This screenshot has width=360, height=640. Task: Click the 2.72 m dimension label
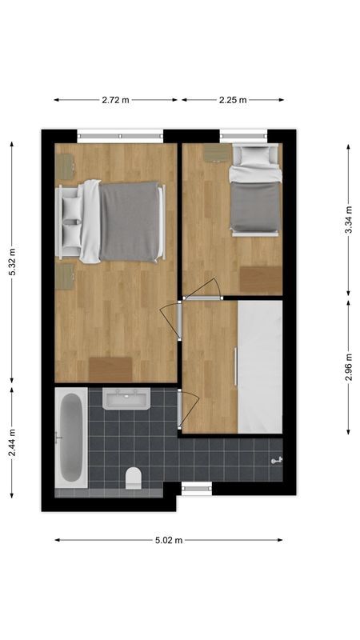pyautogui.click(x=115, y=100)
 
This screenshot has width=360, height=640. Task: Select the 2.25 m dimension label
pyautogui.click(x=233, y=100)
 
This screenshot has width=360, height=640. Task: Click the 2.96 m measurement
pyautogui.click(x=348, y=367)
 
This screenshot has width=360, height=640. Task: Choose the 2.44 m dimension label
pyautogui.click(x=11, y=442)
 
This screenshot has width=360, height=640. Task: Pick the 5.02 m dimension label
pyautogui.click(x=169, y=540)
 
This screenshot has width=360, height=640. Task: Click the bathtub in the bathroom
pyautogui.click(x=70, y=438)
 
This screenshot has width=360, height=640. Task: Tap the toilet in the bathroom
pyautogui.click(x=134, y=478)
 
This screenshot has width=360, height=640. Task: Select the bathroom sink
pyautogui.click(x=126, y=398)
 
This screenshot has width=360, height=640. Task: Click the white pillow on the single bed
pyautogui.click(x=256, y=155)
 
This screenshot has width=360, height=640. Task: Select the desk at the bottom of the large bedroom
pyautogui.click(x=110, y=370)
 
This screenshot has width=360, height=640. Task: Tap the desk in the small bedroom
pyautogui.click(x=261, y=280)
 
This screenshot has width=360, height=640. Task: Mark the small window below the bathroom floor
pyautogui.click(x=196, y=488)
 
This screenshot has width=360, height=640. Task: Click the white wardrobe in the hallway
pyautogui.click(x=261, y=366)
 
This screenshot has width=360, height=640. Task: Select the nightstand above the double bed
pyautogui.click(x=64, y=166)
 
